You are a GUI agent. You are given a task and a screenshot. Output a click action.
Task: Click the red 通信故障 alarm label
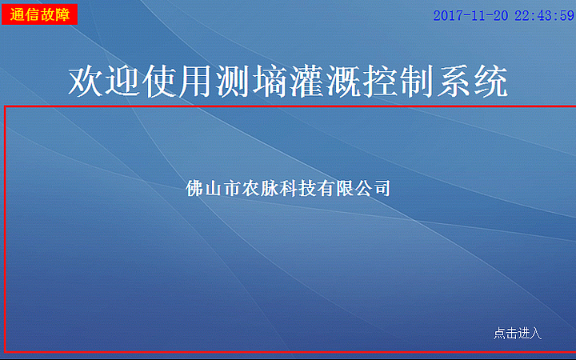pos(39,14)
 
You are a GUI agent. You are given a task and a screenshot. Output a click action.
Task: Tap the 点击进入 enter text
pos(518,333)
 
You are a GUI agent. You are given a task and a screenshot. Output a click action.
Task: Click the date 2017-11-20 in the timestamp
pos(470,16)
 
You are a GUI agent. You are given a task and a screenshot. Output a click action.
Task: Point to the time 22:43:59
pos(545,16)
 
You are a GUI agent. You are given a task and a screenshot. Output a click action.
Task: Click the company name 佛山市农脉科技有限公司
pos(288,188)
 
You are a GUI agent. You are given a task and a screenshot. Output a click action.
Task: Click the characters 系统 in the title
pos(473,81)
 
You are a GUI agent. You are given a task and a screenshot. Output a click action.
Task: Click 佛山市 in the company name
pos(213,188)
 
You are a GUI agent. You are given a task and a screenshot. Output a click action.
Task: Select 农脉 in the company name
pos(260,188)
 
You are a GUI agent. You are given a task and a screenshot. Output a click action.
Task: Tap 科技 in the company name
pos(298,188)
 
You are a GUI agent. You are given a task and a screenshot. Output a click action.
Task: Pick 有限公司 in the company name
pos(354,188)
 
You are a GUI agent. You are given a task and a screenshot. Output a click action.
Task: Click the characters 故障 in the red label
pos(55,14)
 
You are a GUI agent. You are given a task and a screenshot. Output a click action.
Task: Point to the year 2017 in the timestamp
pos(446,16)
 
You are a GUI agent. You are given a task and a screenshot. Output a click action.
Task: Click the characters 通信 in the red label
pos(25,14)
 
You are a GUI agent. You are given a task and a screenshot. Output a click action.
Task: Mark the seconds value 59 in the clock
pos(567,16)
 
